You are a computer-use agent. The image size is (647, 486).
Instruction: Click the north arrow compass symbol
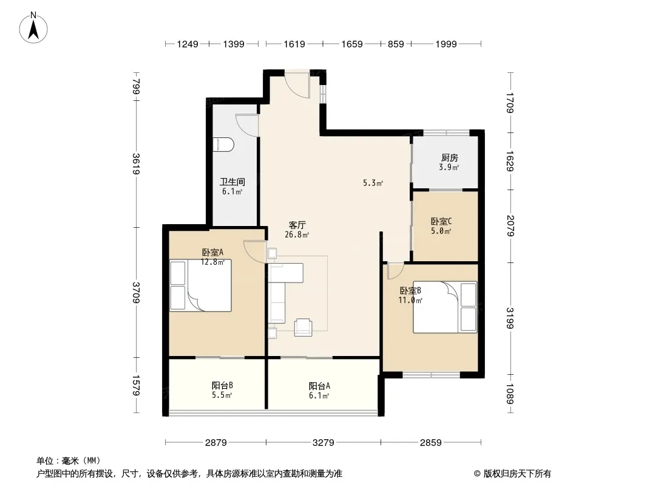click(x=33, y=28)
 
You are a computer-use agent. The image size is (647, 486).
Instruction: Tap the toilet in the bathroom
click(x=223, y=145)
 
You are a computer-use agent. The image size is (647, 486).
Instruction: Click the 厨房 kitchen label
click(x=449, y=157)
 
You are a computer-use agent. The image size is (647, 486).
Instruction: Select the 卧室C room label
click(x=441, y=221)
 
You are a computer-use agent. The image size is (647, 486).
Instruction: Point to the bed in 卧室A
click(x=200, y=286)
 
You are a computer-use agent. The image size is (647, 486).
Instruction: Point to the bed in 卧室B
click(x=445, y=307)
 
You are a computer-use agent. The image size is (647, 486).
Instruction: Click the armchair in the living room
click(x=303, y=327)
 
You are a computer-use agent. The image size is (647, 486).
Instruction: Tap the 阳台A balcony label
click(x=319, y=386)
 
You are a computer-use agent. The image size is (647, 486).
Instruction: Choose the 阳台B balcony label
click(x=222, y=385)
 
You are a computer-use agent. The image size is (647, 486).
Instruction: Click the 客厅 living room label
click(x=297, y=225)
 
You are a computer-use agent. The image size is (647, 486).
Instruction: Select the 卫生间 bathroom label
click(x=232, y=182)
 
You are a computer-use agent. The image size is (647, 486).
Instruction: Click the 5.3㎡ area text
click(x=373, y=182)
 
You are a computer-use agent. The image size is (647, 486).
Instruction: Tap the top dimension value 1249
click(x=188, y=44)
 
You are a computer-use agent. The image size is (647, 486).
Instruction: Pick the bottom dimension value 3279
click(x=323, y=443)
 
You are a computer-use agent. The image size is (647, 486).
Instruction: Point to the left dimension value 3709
click(x=136, y=292)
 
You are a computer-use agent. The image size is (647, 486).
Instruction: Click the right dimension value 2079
click(x=510, y=226)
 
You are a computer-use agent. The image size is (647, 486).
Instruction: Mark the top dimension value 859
click(x=396, y=44)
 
